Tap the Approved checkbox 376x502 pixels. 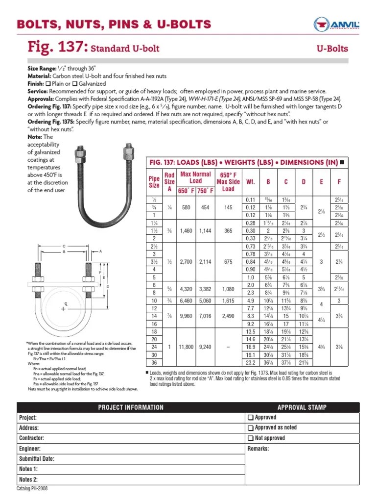coord(251,417)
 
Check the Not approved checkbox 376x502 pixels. coord(251,438)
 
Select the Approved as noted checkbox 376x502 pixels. coord(251,427)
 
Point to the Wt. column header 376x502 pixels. coord(250,182)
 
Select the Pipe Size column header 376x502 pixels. coord(154,182)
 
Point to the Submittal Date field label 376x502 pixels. coord(36,459)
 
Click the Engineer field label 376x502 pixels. coord(29,449)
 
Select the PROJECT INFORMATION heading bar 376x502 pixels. coord(130,407)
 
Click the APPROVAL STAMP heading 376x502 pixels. coord(302,407)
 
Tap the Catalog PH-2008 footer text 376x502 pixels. coord(32,489)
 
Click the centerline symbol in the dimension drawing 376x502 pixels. coord(63,309)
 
